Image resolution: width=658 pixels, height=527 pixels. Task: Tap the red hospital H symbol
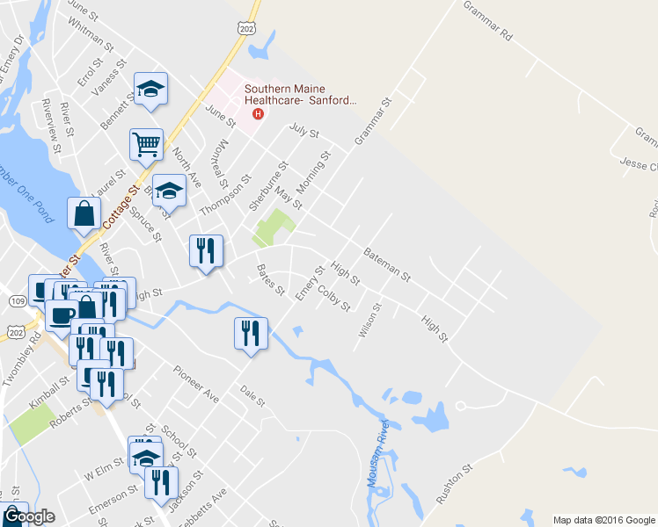(258, 113)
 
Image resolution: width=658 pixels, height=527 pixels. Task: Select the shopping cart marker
(146, 143)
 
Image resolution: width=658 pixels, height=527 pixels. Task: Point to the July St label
(303, 134)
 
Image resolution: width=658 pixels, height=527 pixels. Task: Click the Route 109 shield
(18, 301)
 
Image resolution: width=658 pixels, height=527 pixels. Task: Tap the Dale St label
(253, 398)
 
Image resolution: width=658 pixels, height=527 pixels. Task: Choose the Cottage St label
(121, 207)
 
